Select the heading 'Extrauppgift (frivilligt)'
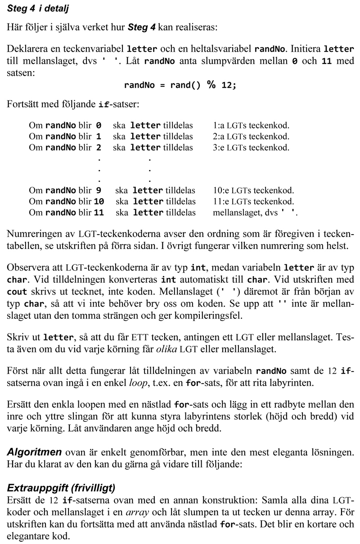(x=61, y=488)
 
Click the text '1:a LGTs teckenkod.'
(x=251, y=125)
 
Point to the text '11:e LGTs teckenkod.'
(x=253, y=201)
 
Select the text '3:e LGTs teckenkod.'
(x=251, y=147)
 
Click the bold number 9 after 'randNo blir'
(x=99, y=190)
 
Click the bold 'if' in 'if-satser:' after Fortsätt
(x=102, y=105)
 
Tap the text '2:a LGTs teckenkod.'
(x=251, y=136)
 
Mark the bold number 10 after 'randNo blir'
(x=99, y=201)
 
